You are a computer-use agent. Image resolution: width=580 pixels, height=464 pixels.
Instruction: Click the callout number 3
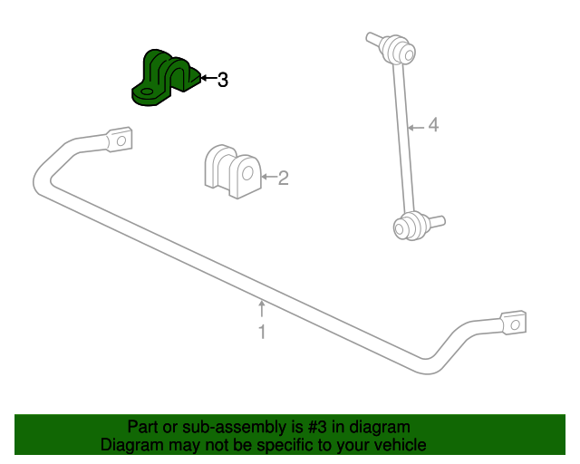coord(223,80)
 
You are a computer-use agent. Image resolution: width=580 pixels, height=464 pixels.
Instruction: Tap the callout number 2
coord(283,178)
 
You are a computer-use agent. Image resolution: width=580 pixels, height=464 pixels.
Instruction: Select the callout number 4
coord(433,125)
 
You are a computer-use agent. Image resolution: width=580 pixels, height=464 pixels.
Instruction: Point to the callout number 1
coord(262,332)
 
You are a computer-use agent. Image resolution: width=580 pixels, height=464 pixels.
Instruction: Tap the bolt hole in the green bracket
coord(147,92)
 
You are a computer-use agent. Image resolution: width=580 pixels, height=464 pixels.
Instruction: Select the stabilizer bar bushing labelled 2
coord(233,171)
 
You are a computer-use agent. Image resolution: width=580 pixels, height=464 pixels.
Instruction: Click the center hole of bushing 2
coord(247,173)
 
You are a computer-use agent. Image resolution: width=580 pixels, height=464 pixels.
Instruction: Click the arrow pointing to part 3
coord(208,78)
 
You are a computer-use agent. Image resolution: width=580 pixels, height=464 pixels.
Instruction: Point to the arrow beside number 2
coord(269,177)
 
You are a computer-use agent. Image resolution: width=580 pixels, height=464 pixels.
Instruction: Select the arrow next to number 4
coord(416,128)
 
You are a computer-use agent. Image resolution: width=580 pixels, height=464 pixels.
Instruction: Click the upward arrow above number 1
coord(262,309)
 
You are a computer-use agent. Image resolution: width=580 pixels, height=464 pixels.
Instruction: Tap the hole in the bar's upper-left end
coord(121,140)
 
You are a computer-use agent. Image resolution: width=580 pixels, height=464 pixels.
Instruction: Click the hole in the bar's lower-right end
coord(516,324)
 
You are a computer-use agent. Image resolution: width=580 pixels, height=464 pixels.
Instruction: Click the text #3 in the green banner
coord(317,427)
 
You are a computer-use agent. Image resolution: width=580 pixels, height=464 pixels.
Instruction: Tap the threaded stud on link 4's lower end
coord(435,220)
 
